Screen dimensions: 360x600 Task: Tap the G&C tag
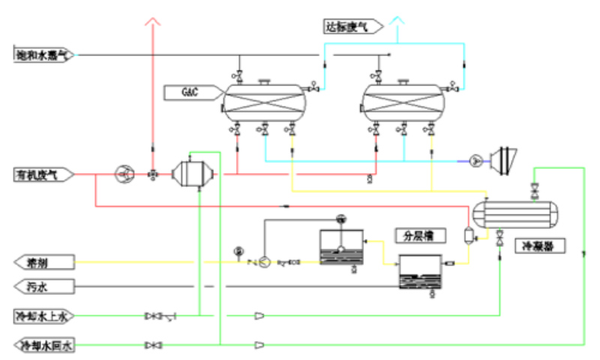192,92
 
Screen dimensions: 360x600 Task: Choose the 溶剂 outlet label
45,262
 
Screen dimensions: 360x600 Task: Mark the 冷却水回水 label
45,346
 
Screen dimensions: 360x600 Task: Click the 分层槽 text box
420,235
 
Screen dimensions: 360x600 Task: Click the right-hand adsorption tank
402,102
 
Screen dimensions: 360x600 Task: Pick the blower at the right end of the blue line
499,160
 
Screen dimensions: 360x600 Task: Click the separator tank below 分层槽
421,272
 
